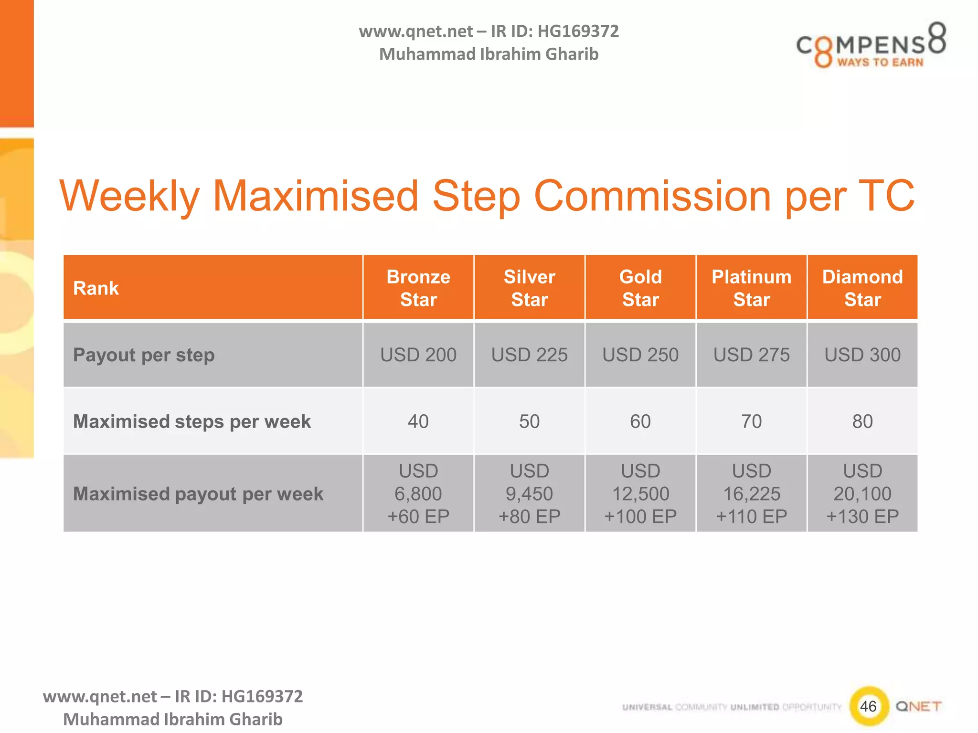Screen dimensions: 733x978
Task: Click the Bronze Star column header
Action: point(418,288)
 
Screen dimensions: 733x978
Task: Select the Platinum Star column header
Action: point(751,288)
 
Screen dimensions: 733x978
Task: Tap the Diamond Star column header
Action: point(862,288)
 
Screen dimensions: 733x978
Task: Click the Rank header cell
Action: point(96,288)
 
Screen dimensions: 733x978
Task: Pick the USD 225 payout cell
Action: point(529,355)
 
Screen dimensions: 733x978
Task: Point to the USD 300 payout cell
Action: point(862,355)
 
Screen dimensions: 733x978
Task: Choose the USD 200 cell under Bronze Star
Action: point(418,355)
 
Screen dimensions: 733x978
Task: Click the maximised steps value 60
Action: point(640,421)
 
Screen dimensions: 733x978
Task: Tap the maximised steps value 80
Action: point(862,421)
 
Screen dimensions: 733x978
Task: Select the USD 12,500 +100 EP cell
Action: point(640,493)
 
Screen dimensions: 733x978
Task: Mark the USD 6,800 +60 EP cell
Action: point(418,493)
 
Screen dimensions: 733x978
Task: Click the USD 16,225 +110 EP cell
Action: point(751,493)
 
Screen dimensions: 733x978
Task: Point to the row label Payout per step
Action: point(144,355)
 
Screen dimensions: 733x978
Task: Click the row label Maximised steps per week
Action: point(191,421)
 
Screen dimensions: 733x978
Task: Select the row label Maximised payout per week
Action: point(198,494)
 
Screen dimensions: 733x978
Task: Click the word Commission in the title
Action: point(652,196)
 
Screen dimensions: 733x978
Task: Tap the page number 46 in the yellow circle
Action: point(868,706)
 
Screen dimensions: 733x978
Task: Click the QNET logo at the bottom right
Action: point(918,706)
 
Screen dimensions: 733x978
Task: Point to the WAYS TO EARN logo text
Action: point(880,62)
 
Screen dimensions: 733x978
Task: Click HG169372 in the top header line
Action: point(578,31)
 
